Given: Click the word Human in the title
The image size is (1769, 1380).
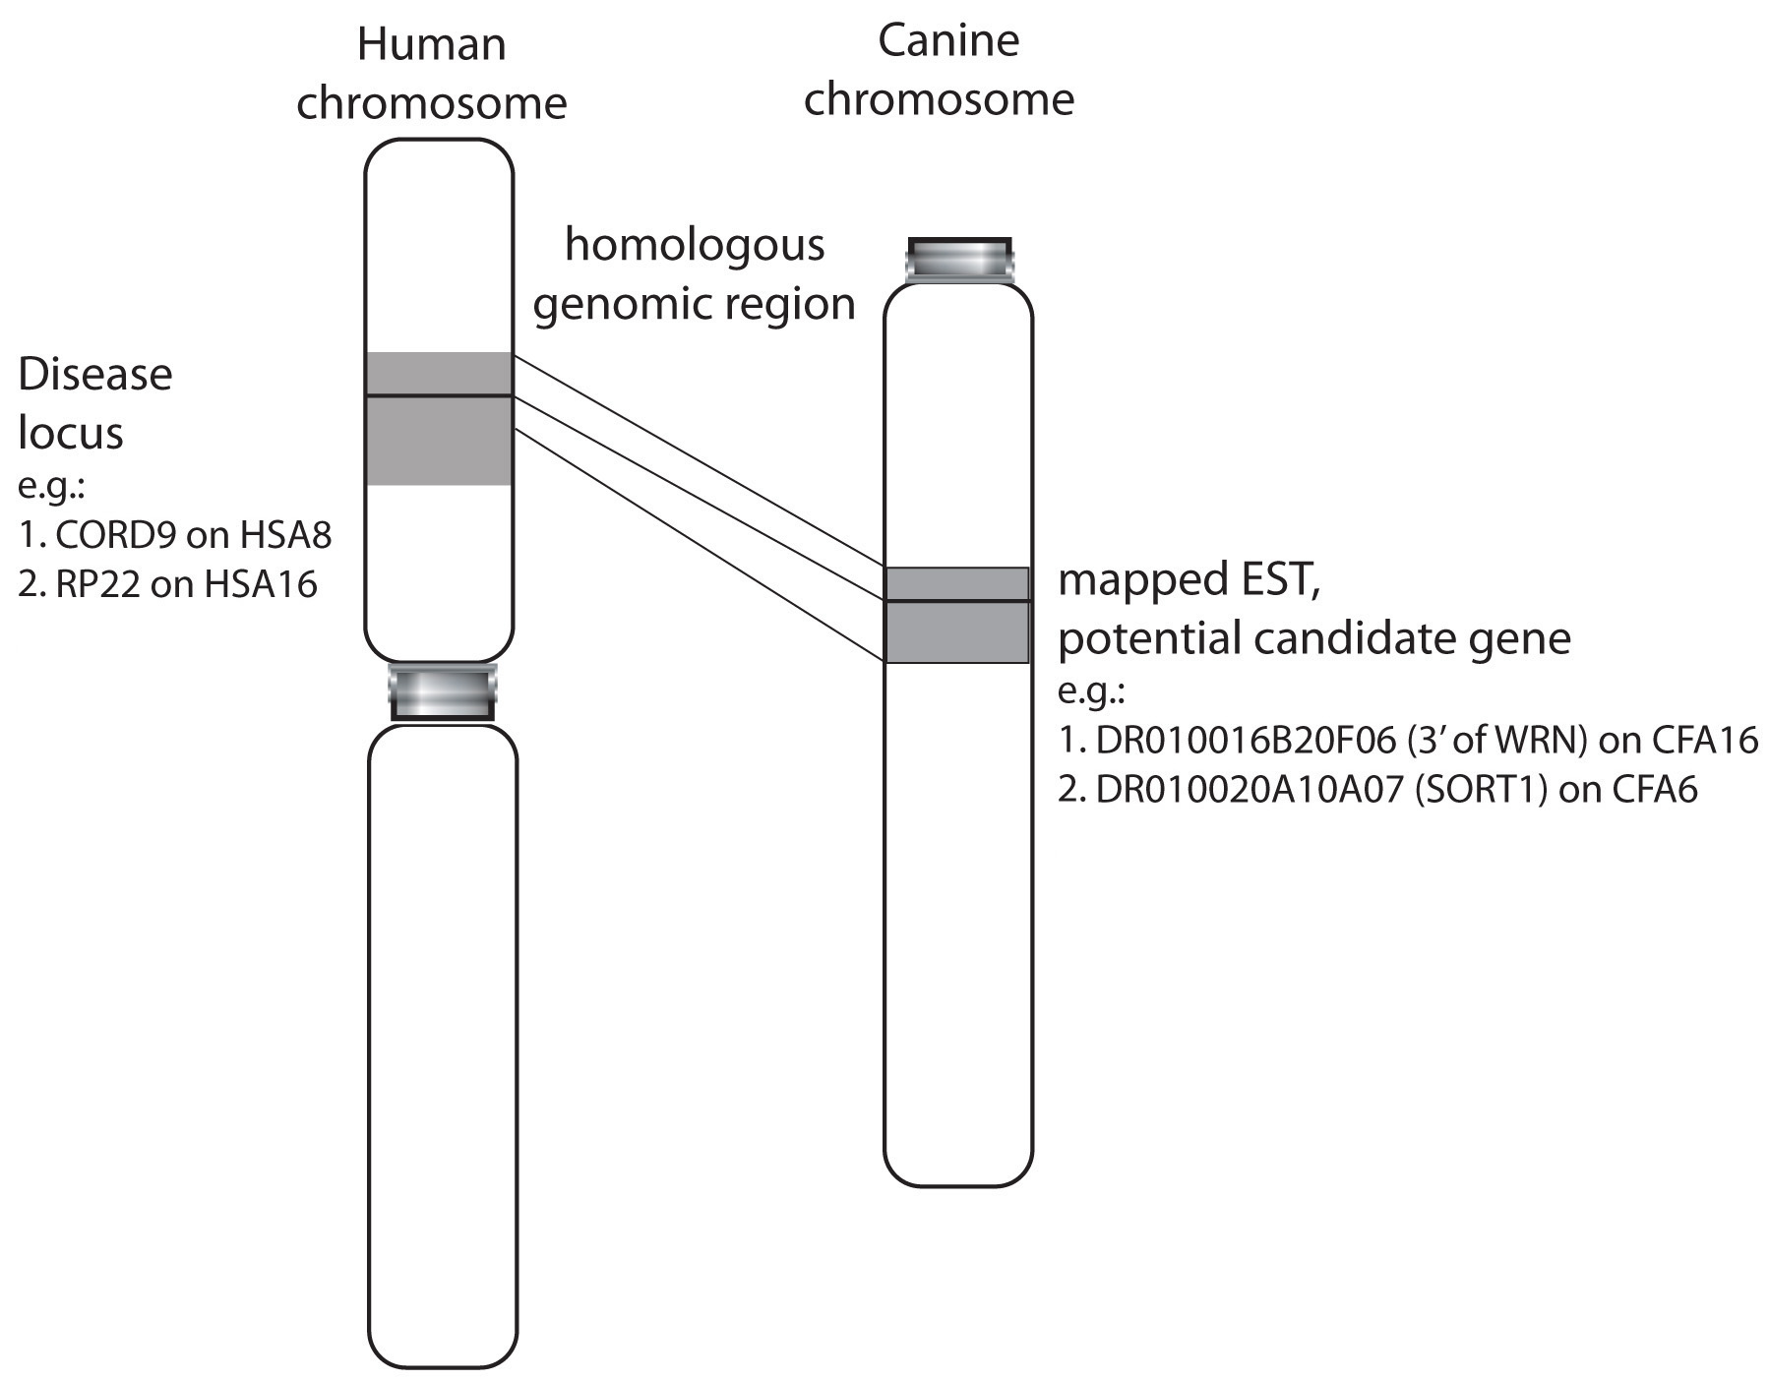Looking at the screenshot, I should point(431,45).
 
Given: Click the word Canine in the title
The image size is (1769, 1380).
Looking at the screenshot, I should point(947,41).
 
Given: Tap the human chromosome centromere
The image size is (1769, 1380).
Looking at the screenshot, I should point(442,692).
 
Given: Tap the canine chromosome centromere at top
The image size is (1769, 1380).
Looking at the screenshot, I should point(959,261).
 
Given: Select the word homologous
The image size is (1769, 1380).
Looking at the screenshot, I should point(694,246).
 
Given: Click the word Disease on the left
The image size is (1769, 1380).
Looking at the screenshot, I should point(95,375).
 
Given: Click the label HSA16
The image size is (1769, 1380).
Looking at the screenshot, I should point(261,584).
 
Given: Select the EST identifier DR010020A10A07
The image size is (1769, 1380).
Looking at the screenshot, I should point(1249,790).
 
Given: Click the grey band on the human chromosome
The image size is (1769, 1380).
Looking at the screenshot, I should point(439,418).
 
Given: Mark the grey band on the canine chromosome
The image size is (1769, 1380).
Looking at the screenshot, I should point(957,615).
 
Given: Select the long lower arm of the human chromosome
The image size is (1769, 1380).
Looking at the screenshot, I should point(442,1043).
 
